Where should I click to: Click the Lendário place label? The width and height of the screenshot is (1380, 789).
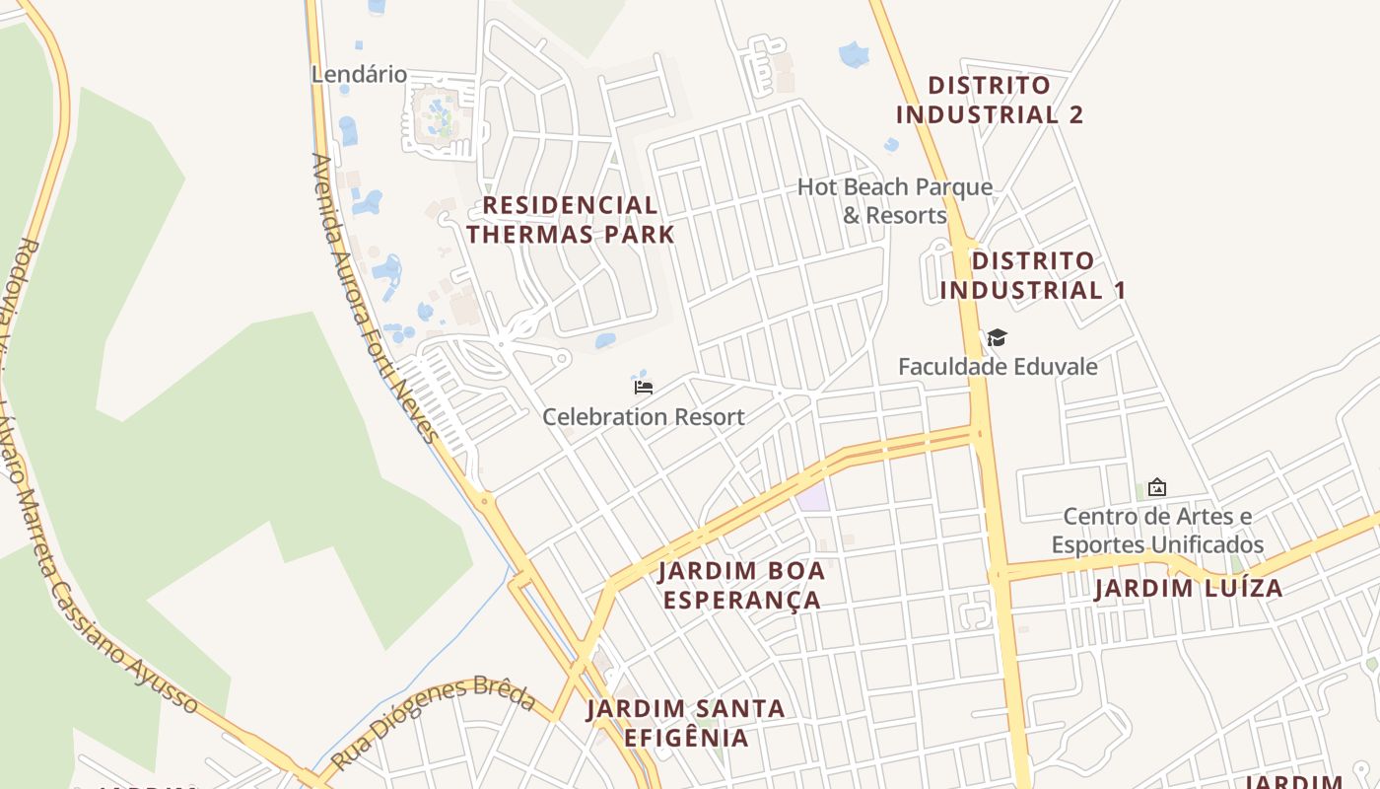359,74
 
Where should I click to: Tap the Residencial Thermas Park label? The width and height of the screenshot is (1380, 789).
571,220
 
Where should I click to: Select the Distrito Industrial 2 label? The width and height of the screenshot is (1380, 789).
989,100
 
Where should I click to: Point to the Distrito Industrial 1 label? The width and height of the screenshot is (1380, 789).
1032,275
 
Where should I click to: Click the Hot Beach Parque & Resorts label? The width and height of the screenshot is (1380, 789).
894,200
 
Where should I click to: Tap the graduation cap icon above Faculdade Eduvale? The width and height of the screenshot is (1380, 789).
998,338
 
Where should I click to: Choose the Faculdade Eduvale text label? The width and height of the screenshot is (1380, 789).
998,367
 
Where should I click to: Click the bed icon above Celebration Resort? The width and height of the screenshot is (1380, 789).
644,387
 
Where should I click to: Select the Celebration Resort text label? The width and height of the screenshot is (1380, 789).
644,416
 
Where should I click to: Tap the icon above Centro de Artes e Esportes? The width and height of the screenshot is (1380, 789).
1157,487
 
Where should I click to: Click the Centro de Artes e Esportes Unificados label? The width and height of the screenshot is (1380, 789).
1157,530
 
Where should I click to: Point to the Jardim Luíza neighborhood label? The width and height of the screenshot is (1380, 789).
1189,589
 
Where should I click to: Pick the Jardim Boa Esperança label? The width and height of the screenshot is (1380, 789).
741,585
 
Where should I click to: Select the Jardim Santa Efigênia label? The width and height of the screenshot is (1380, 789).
686,723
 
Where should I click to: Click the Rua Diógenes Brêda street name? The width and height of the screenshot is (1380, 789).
434,723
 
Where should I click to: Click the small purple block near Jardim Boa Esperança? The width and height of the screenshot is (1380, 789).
813,497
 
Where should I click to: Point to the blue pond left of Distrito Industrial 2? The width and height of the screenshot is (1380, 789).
854,54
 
